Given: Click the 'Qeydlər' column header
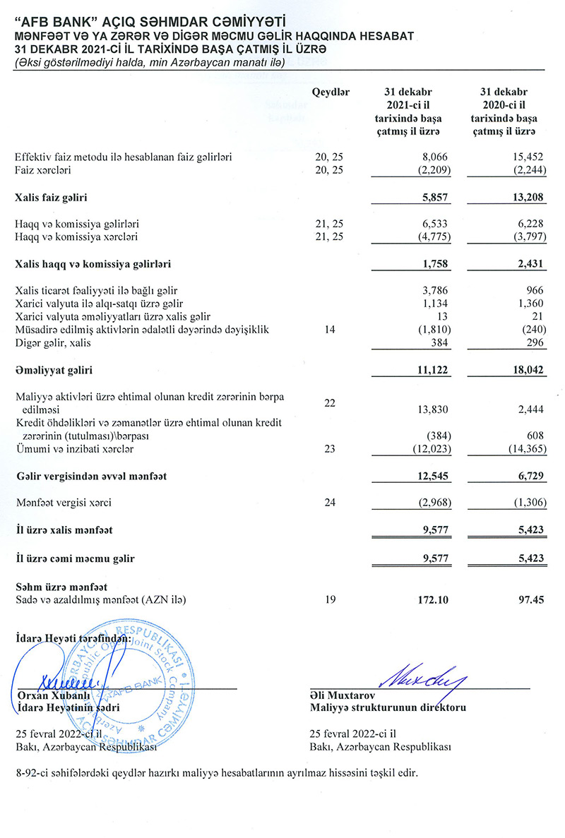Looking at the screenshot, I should click(x=331, y=92).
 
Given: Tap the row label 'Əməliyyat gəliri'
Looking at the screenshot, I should click(x=54, y=369).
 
